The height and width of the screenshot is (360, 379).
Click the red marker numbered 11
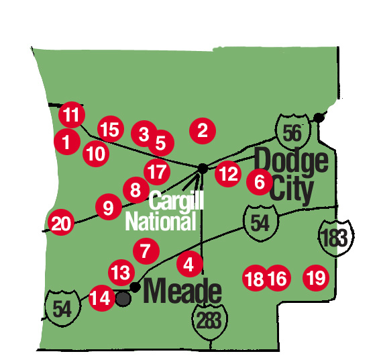click(x=72, y=114)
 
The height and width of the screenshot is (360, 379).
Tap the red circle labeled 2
click(x=203, y=130)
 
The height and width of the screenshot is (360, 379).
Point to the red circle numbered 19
click(x=316, y=277)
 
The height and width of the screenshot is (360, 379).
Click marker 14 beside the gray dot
click(x=101, y=297)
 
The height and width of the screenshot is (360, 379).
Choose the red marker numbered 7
click(x=145, y=252)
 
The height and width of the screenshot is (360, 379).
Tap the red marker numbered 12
click(x=228, y=174)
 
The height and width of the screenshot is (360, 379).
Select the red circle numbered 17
click(x=157, y=172)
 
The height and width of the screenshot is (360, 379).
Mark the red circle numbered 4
click(x=189, y=265)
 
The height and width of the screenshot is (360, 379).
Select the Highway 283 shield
click(x=208, y=318)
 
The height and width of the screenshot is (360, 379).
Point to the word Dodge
click(x=292, y=162)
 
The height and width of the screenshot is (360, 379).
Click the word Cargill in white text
click(x=176, y=200)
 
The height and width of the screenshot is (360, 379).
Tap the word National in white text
click(x=160, y=221)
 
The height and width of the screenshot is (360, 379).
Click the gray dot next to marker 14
click(x=123, y=298)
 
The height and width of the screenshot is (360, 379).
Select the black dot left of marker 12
click(x=203, y=167)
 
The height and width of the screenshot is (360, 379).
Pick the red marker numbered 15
click(x=111, y=128)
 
